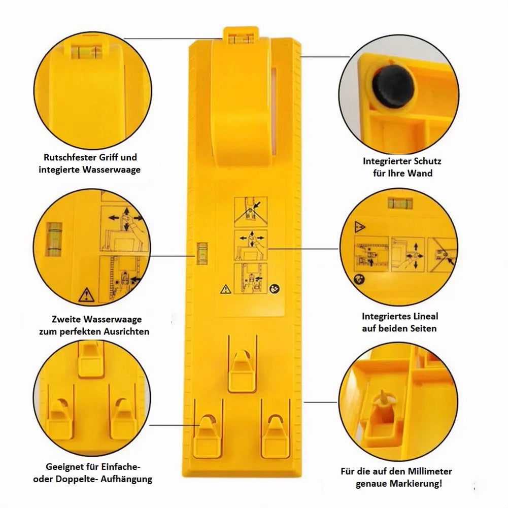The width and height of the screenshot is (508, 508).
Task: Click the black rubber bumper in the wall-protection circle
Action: click(x=393, y=86)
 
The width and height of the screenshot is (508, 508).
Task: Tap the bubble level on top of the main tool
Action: click(x=241, y=39)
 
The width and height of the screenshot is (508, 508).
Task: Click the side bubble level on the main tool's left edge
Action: click(x=202, y=253)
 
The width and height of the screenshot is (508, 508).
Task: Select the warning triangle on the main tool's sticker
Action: click(x=225, y=289)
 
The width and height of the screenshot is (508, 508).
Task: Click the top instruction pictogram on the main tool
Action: click(x=251, y=212)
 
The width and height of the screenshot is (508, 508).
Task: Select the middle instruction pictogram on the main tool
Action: click(x=251, y=245)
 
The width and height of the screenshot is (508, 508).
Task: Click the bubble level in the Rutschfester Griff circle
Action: click(x=86, y=52)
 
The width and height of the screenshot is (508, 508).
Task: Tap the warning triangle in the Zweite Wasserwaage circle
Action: click(x=86, y=295)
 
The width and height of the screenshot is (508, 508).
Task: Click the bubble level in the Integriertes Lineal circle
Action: click(x=400, y=203)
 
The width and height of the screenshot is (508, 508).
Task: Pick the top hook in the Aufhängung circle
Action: click(x=91, y=360)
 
